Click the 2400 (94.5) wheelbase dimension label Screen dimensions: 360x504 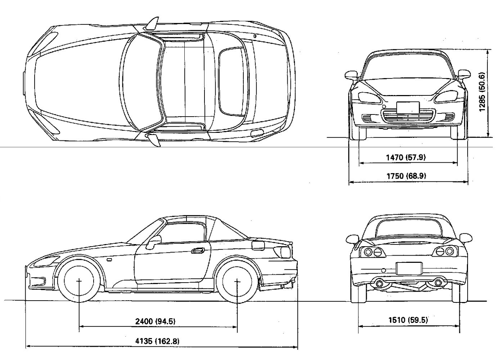[155, 321]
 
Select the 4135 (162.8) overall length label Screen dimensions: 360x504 [157, 341]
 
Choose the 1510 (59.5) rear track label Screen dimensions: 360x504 [408, 320]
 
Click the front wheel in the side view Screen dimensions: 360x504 [79, 280]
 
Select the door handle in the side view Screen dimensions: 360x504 [197, 251]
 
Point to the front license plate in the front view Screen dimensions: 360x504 [408, 107]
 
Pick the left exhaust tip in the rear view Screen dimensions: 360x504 [379, 283]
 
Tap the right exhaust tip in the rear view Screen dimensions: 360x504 [438, 283]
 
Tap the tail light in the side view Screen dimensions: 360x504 [283, 251]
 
